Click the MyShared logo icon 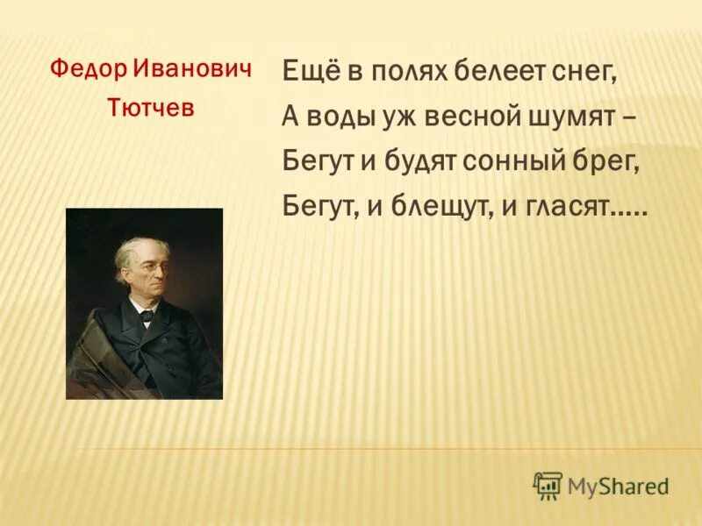point(548,485)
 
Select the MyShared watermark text point(619,486)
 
